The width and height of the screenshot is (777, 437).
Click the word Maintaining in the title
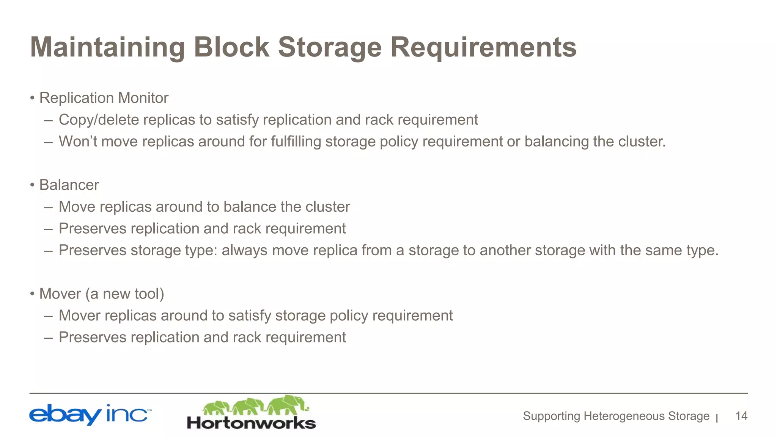click(x=107, y=47)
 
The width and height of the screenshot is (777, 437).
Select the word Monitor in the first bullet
click(x=143, y=98)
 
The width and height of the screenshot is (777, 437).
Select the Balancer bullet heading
click(x=69, y=185)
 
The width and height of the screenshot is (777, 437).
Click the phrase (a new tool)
click(x=124, y=294)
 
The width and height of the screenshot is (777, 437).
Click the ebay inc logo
click(x=90, y=415)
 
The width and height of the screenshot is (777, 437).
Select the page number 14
click(x=741, y=416)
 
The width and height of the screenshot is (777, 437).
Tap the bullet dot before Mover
click(x=33, y=294)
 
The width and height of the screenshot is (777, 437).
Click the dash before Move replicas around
click(x=48, y=207)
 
